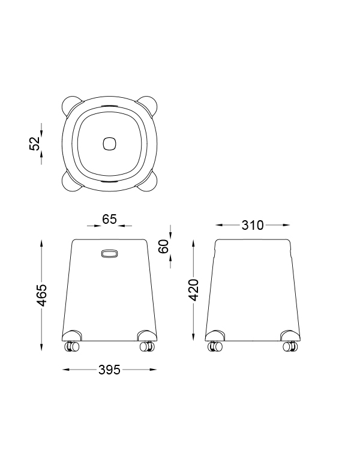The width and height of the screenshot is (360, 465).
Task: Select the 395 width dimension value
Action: tap(109, 370)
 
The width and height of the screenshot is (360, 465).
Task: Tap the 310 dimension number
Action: tap(253, 225)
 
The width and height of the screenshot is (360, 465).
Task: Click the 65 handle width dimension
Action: tap(109, 219)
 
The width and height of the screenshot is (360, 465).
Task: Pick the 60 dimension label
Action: tap(164, 246)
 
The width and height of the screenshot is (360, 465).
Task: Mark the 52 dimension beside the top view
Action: tap(35, 143)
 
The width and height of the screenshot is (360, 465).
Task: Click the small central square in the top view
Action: tap(109, 143)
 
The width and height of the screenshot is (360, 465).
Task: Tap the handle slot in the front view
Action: tap(109, 254)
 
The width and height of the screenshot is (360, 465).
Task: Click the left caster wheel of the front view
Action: tap(72, 347)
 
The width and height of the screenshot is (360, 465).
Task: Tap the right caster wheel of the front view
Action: tap(146, 347)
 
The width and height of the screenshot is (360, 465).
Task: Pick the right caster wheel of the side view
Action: tap(289, 347)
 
